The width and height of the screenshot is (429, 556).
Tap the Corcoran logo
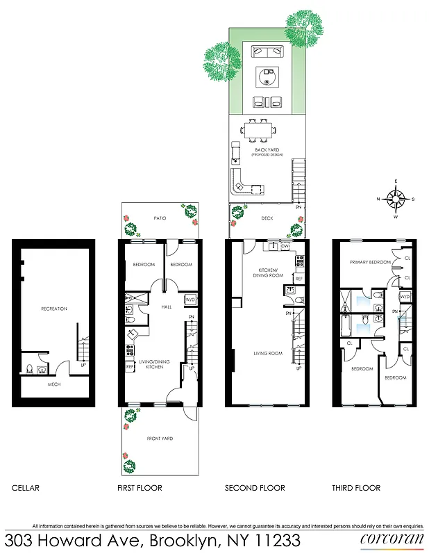coord(389,539)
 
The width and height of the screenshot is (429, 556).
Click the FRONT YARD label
coord(159,439)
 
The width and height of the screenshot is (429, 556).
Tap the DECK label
coord(267,218)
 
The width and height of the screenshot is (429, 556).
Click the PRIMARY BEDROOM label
coord(367,263)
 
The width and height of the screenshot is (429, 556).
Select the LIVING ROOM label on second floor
coord(268,354)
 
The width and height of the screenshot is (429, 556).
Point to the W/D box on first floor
coord(191,300)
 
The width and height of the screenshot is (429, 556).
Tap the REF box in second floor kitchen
coord(298,279)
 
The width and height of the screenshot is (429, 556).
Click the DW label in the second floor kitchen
coord(285,247)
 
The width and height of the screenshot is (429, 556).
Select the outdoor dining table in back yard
coord(259,130)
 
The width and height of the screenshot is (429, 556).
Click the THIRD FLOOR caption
coord(356,488)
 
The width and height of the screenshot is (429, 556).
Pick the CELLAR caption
coord(26,488)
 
